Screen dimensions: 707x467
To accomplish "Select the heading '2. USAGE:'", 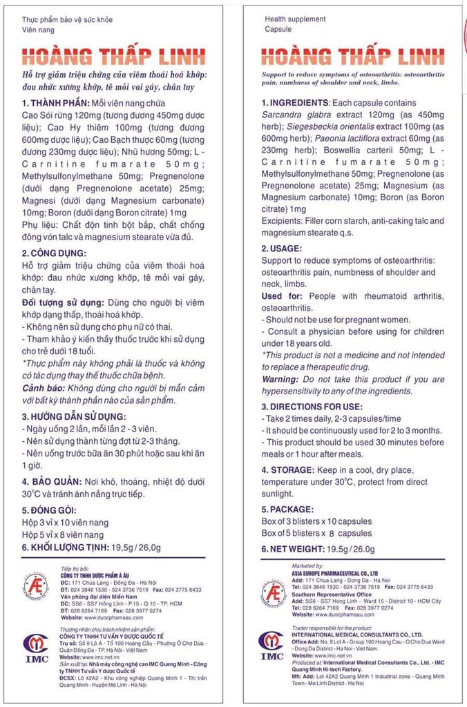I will pyautogui.click(x=281, y=248).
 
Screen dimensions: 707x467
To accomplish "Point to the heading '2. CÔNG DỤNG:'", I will pyautogui.click(x=54, y=253).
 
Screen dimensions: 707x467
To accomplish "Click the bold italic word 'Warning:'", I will pyautogui.click(x=280, y=380).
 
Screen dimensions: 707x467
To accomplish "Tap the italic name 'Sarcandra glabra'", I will pyautogui.click(x=297, y=115).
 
